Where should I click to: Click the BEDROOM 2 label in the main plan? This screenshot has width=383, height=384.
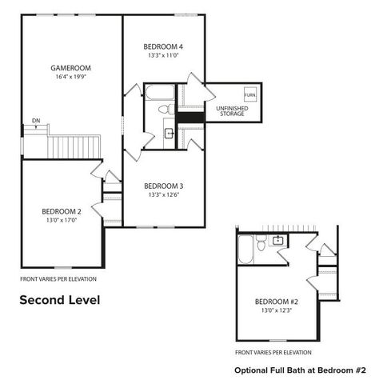pos(61,211)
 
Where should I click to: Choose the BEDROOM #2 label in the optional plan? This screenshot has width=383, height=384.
pos(276,301)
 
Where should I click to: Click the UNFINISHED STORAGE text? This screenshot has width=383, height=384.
pos(230,110)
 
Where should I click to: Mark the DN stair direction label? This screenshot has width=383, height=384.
pos(36,120)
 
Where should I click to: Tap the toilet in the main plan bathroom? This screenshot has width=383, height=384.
pos(165,108)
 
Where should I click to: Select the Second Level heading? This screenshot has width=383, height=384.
pos(59,301)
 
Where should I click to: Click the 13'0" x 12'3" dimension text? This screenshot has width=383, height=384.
pos(276,310)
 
